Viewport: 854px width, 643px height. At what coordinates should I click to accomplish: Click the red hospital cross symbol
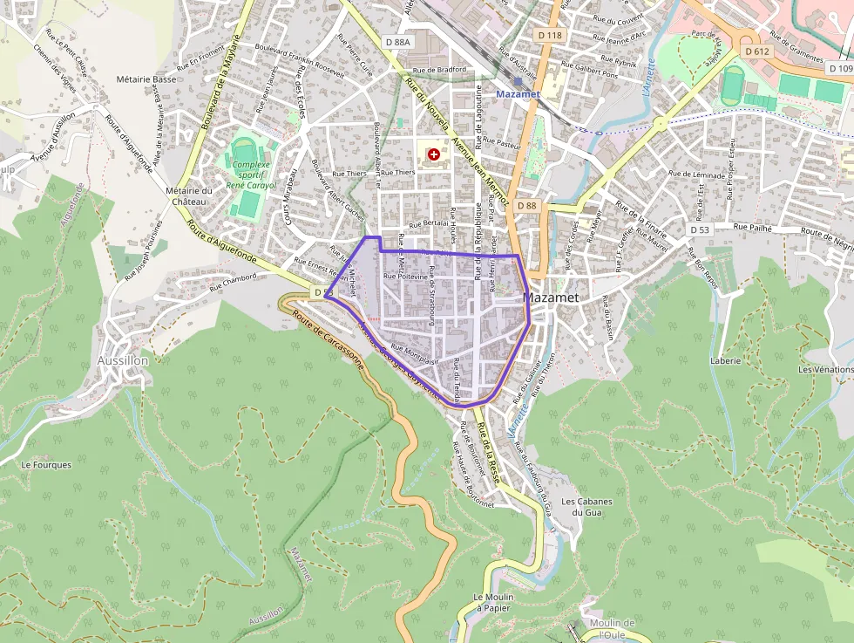pyautogui.click(x=434, y=154)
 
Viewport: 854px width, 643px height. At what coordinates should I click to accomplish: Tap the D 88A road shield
pyautogui.click(x=396, y=41)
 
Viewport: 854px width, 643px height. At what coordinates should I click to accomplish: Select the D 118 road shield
pyautogui.click(x=550, y=35)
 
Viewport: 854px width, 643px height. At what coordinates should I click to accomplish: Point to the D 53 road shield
pyautogui.click(x=701, y=229)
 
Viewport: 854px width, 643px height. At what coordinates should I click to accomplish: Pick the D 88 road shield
pyautogui.click(x=525, y=205)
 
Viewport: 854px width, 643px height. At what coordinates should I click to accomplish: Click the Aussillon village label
pyautogui.click(x=123, y=360)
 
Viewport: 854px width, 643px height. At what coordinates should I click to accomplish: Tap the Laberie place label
pyautogui.click(x=725, y=360)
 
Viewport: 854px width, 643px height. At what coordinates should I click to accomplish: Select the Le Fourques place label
pyautogui.click(x=46, y=465)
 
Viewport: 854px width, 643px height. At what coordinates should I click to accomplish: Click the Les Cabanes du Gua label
pyautogui.click(x=586, y=507)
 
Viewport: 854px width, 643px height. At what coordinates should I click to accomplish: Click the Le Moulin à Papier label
pyautogui.click(x=491, y=602)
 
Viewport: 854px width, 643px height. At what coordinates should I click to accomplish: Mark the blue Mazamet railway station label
pyautogui.click(x=518, y=93)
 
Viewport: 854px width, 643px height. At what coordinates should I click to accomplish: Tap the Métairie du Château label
pyautogui.click(x=188, y=196)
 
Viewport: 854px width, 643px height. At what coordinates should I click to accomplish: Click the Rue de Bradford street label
pyautogui.click(x=440, y=70)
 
